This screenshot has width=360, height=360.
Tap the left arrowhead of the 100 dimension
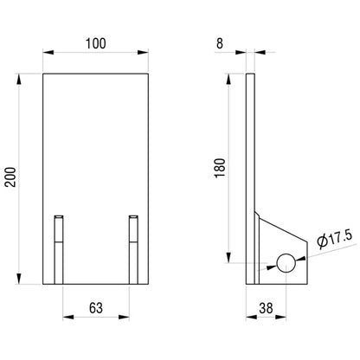[x=48, y=55]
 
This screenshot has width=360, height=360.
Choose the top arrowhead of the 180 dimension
[x=231, y=79]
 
